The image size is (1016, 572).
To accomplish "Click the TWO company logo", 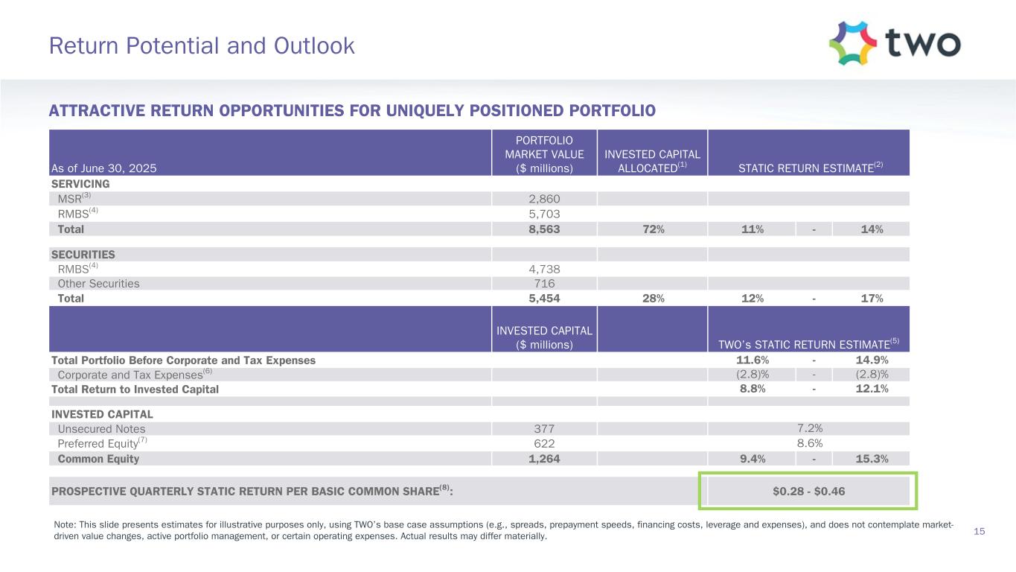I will [895, 43].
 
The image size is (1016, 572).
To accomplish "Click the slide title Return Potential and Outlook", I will [202, 46].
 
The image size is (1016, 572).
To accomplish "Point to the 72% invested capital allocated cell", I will [651, 229].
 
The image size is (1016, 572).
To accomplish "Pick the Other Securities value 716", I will [543, 284].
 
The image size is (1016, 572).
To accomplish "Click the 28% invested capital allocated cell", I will [651, 299].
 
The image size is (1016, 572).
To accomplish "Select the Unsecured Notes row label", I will [101, 429].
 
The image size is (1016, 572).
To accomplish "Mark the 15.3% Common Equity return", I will [871, 459].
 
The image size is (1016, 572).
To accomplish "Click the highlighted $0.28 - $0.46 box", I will [808, 492].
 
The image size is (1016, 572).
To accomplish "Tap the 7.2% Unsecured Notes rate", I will [808, 429].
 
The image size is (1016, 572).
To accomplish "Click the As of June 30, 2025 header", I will [103, 168].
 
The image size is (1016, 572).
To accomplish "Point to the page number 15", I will [980, 531].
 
